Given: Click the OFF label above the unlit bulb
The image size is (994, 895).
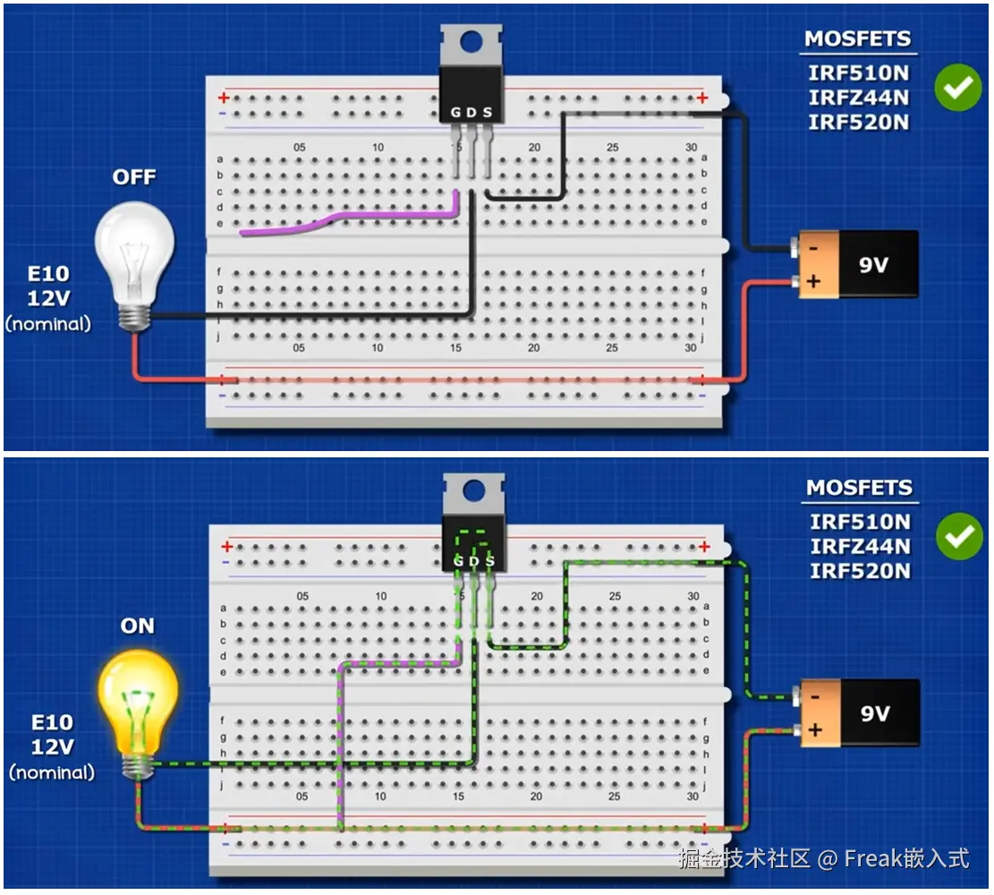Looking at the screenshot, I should coord(134,177).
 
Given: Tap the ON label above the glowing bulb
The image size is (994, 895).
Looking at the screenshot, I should coord(137,626).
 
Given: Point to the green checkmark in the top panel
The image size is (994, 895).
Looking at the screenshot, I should coord(957,87).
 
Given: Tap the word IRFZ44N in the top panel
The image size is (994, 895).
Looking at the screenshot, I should coord(858,97).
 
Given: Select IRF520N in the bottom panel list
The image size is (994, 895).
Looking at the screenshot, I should coord(860,570).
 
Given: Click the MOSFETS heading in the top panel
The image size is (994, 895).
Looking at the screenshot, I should coord(857,39).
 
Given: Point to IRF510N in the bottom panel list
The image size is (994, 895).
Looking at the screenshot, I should coord(860,521).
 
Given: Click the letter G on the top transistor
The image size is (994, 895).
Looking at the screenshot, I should coord(456,112).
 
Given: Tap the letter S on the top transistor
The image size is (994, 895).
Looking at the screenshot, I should coord(488,112).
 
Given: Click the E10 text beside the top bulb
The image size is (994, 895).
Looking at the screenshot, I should coord(48,274).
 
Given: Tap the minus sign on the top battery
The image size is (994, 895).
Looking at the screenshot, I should coord(812,247).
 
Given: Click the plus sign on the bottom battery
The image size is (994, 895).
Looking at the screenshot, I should coord(815,730).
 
